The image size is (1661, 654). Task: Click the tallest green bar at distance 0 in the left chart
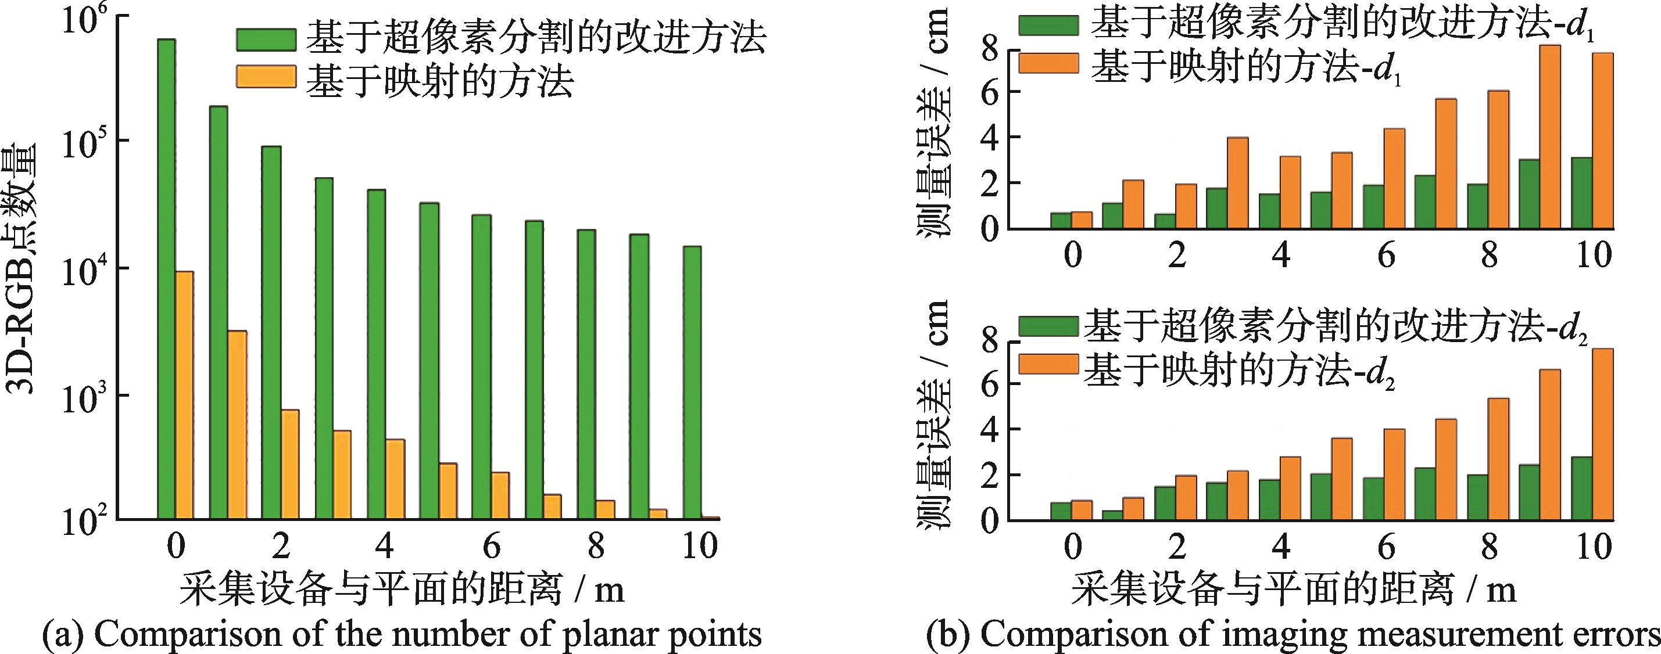click(x=166, y=277)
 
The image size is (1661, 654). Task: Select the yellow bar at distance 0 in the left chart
click(x=184, y=393)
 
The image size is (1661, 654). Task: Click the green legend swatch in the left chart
click(x=266, y=39)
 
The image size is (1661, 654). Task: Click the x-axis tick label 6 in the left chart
click(x=491, y=545)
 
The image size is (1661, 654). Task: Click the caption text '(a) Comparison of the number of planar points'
click(x=401, y=634)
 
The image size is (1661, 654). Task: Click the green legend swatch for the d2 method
click(x=1048, y=326)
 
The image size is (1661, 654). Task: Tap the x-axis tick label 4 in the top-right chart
click(x=1281, y=256)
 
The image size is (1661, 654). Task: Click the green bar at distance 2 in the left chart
click(x=271, y=331)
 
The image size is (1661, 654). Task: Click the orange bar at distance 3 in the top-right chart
click(x=1237, y=183)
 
